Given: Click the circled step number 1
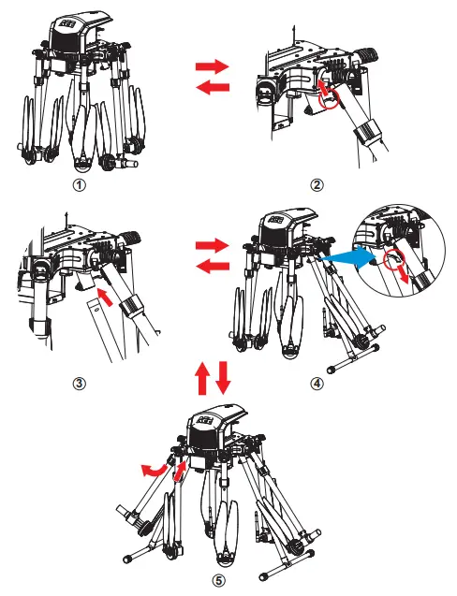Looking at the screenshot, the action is pos(80,185).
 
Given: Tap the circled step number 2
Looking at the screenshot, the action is pos(317,185).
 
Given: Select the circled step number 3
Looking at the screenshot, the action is pos(80,384).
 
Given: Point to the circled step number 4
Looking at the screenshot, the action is pos(317,384).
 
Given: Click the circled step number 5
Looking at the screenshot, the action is pos(218,580).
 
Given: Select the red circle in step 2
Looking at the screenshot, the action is pos(329,99).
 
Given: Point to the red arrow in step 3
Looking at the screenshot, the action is pos(106,298).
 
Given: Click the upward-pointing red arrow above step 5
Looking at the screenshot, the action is pos(202,378).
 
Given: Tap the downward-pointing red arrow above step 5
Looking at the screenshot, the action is pos(223,378).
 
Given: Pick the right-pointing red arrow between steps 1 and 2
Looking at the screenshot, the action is pos(213,66).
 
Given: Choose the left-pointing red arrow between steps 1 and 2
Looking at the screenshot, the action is pos(213,88).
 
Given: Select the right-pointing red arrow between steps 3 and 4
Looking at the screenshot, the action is pos(213,245).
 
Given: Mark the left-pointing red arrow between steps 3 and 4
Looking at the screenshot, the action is pos(213,266).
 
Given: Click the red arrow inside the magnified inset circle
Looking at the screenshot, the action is pos(404,274).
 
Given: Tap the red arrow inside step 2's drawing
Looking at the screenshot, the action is pos(323,88).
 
